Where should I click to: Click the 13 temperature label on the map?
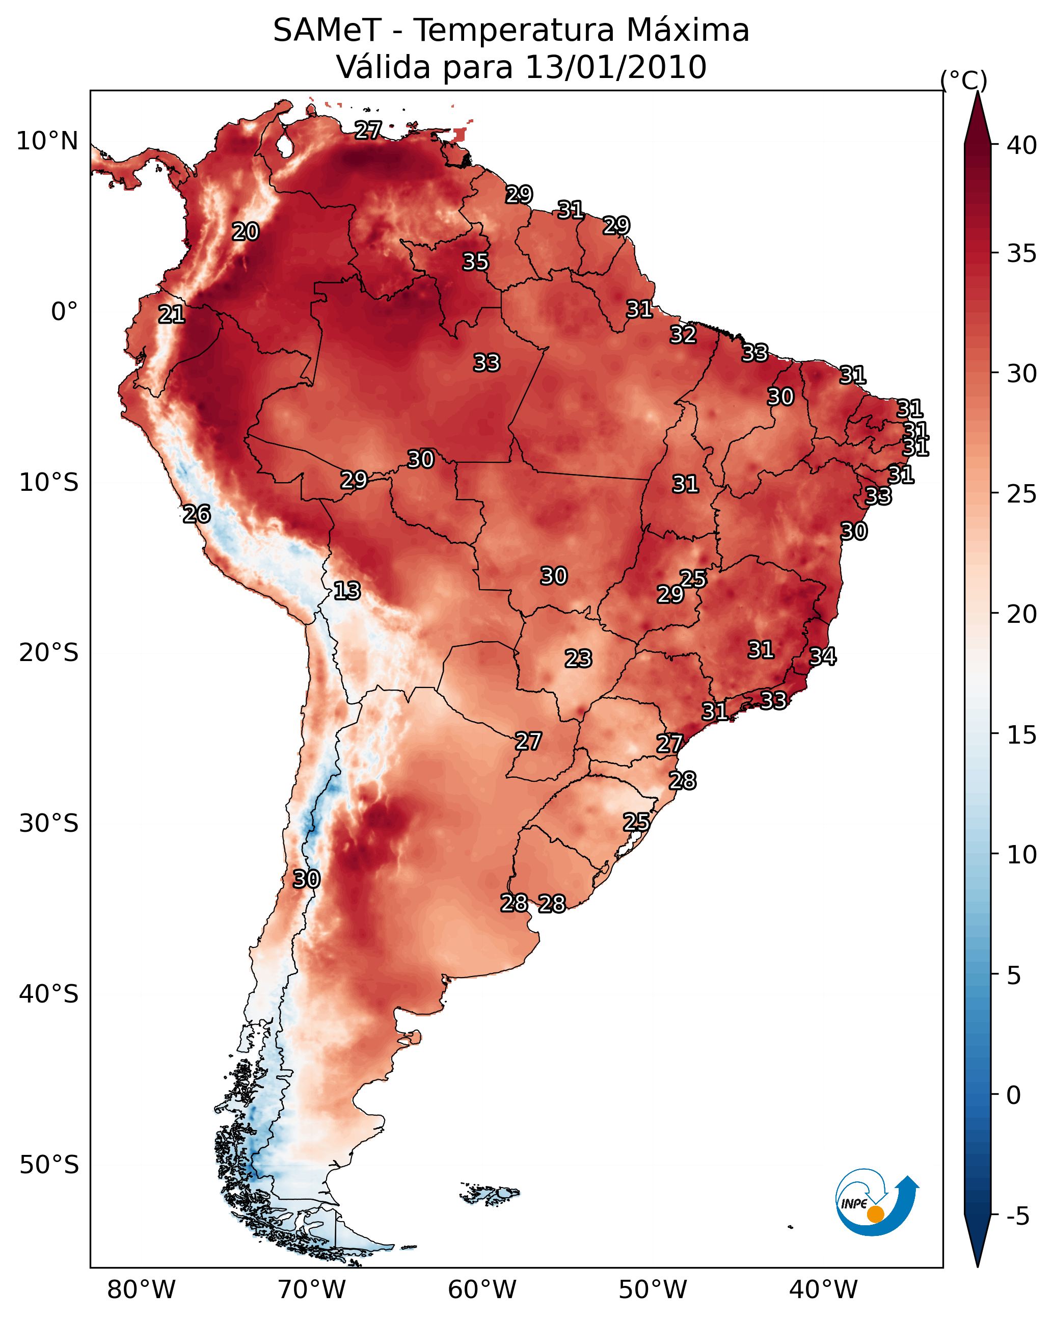click(x=347, y=591)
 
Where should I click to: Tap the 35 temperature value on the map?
click(x=475, y=261)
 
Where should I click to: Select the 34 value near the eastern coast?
click(x=823, y=656)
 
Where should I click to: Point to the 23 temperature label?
click(x=578, y=658)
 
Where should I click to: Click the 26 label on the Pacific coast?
click(x=197, y=514)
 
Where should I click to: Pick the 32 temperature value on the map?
click(x=683, y=334)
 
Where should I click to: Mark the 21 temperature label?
click(x=172, y=314)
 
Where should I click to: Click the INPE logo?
click(x=876, y=1203)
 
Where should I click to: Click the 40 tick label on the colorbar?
click(x=1022, y=145)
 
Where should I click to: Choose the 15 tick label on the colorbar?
click(x=1022, y=735)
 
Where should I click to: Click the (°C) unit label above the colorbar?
click(x=963, y=80)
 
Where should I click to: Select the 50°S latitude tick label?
click(x=49, y=1165)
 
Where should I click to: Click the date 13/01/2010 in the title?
click(x=615, y=67)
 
